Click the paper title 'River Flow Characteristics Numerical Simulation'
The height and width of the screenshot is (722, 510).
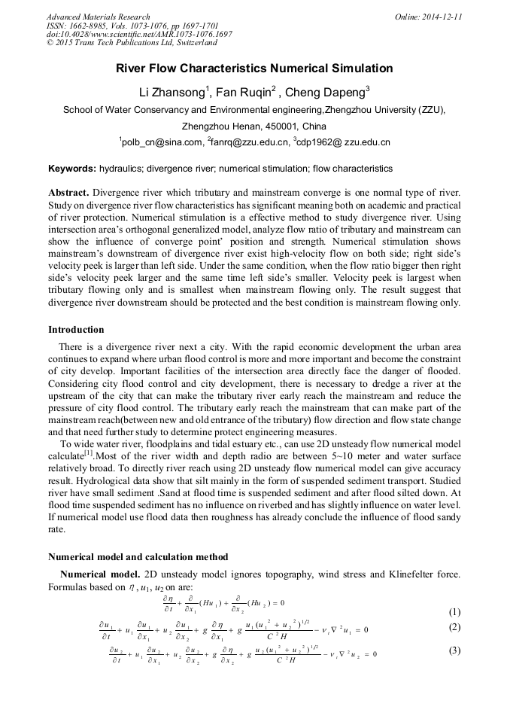[x=254, y=69]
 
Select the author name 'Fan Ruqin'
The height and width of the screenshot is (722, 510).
[x=241, y=93]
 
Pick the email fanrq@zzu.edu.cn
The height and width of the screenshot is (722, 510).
[x=250, y=142]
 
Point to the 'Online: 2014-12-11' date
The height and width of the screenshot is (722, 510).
[x=428, y=17]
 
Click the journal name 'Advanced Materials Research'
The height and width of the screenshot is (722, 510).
[x=99, y=17]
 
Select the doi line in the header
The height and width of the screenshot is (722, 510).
[x=139, y=35]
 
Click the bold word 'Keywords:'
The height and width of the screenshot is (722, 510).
[x=71, y=169]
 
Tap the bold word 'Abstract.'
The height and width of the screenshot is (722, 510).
[x=68, y=193]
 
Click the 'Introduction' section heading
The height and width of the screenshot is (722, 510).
[x=76, y=330]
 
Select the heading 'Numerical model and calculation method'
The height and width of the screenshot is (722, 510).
[x=138, y=557]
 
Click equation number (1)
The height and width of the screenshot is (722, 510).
[x=454, y=611]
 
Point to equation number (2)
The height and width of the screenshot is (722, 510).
[x=454, y=627]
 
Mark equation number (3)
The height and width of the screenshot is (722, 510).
[x=454, y=650]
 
